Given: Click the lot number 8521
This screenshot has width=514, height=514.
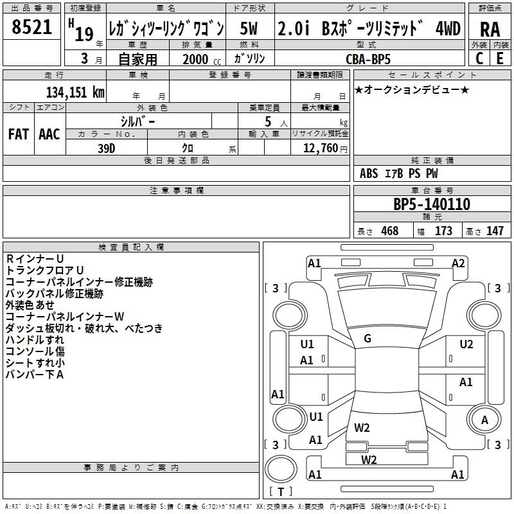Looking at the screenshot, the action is [31, 27].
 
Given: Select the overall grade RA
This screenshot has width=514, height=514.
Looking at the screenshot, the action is [490, 30].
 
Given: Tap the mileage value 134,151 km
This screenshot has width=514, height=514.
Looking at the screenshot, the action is [75, 92].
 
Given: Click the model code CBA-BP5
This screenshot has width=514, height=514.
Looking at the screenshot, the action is [368, 59].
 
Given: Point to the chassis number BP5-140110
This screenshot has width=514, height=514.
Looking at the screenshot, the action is [432, 204].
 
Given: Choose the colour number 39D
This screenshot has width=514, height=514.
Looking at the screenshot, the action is [106, 148].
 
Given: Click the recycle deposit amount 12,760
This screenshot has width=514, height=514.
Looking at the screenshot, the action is [320, 148].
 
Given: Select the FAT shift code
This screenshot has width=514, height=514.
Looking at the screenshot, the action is [19, 134].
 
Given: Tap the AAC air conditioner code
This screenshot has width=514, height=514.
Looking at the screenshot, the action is [49, 134].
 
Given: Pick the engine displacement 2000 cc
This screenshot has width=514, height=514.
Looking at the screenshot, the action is [202, 59].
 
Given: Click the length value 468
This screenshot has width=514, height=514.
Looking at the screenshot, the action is [390, 231].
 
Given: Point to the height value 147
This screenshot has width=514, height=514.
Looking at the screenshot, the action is [495, 231].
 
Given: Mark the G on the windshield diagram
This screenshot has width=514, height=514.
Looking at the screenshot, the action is [368, 339].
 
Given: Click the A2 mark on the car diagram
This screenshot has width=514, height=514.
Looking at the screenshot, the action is [458, 263].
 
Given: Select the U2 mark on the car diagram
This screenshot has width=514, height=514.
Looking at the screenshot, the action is [466, 344].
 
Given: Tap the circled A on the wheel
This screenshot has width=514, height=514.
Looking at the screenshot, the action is [484, 420].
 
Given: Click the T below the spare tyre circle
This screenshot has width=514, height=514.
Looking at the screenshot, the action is [281, 492].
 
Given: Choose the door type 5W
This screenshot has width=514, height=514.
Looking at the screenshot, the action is [249, 28].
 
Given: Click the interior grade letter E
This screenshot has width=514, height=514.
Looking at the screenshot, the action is [500, 58].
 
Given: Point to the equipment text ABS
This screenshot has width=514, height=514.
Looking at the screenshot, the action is [369, 173].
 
